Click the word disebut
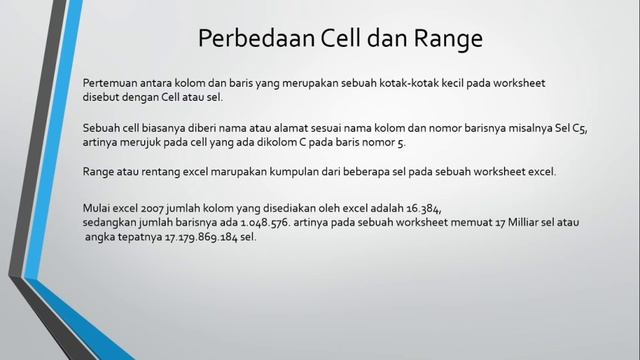(x=105, y=97)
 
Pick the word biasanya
(x=176, y=128)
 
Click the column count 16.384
(x=419, y=207)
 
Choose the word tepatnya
(x=134, y=237)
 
